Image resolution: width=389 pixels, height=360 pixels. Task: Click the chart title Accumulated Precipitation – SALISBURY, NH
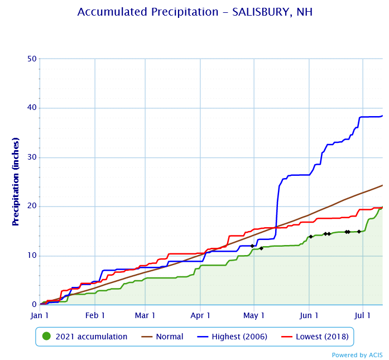(x=195, y=12)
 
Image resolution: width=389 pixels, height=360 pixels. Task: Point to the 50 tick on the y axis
(x=32, y=59)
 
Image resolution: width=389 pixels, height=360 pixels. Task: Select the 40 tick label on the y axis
(x=32, y=108)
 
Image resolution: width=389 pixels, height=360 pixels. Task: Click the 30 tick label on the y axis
(x=32, y=157)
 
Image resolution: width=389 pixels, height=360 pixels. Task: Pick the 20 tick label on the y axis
(x=32, y=206)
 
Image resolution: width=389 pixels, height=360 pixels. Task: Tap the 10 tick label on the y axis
(x=32, y=255)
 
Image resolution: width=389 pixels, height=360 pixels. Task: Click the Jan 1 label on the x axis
(x=40, y=315)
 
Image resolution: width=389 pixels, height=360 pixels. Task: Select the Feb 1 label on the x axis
(x=95, y=315)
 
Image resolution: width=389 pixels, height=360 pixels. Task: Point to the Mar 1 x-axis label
(x=145, y=315)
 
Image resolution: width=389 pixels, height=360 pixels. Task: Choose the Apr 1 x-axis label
(x=200, y=315)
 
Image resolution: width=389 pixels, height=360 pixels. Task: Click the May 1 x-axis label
(x=254, y=315)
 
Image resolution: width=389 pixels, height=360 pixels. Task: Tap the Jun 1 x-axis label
(x=309, y=315)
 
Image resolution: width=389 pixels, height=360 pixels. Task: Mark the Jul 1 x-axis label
(x=363, y=315)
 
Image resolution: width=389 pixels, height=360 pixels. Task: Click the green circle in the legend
(x=47, y=337)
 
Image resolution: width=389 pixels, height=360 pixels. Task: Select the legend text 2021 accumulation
(x=91, y=337)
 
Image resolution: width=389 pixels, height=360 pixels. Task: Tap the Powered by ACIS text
(x=357, y=355)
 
